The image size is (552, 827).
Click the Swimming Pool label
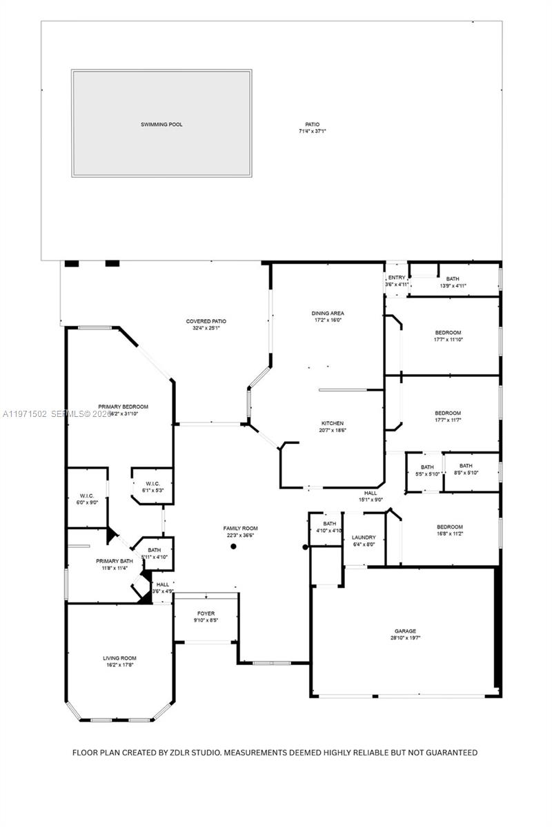(161, 125)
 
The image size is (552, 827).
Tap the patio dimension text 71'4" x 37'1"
(312, 131)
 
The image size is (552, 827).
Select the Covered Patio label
(206, 321)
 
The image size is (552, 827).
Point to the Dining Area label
(327, 314)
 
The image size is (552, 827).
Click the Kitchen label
(332, 423)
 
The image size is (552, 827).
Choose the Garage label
(405, 631)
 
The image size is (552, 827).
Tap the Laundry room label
(363, 538)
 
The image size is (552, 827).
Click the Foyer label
(206, 613)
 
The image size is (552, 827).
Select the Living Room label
(119, 659)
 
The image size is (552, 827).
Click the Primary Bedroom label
(123, 407)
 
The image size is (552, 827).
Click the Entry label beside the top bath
(396, 278)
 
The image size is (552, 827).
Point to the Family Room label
(240, 529)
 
